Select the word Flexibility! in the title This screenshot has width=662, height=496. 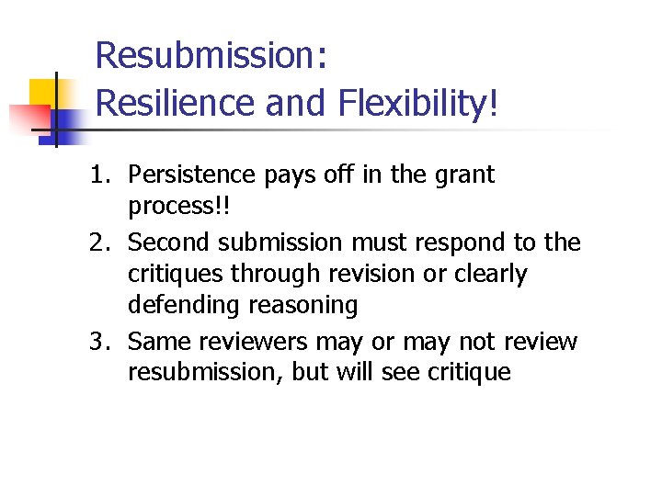[418, 103]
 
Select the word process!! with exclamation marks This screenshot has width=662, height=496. [180, 207]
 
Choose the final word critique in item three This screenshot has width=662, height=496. [466, 373]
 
